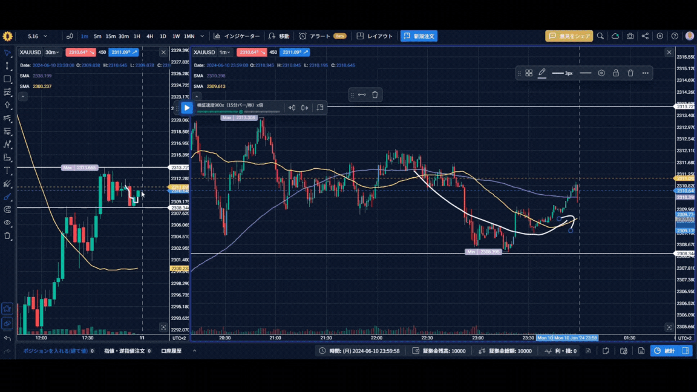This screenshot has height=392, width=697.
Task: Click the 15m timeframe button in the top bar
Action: point(111,36)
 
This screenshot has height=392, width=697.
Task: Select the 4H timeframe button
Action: point(149,36)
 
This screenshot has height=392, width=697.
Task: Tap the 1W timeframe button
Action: point(176,36)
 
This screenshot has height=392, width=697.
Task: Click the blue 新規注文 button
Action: point(419,36)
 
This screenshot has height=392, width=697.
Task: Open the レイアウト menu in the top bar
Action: point(375,36)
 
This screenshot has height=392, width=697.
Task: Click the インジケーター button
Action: point(237,36)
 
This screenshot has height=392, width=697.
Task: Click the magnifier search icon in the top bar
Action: point(600,36)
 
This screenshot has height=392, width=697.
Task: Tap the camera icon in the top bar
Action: point(630,36)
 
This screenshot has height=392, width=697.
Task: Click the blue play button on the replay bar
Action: point(187,108)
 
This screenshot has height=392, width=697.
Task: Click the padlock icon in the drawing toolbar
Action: point(616,73)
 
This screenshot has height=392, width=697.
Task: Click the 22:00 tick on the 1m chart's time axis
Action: point(376,338)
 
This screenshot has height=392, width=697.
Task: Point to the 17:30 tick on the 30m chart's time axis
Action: point(88,338)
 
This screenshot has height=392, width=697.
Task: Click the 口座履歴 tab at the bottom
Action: point(171,351)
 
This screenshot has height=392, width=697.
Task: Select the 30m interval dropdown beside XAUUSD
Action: point(53,53)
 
